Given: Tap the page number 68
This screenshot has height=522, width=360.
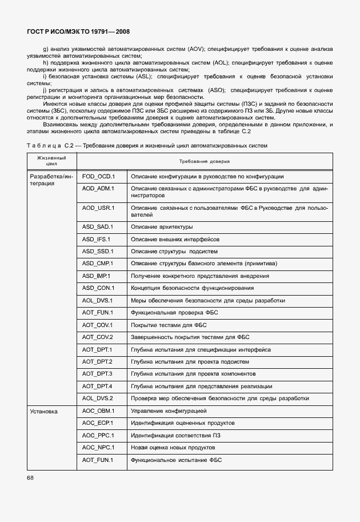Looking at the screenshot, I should (x=30, y=477).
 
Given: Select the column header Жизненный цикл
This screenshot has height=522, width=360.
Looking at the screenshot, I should (x=51, y=160).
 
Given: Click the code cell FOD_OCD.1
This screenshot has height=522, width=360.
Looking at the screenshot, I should (x=98, y=177).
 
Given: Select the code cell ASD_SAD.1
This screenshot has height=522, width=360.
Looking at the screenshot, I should (x=98, y=227).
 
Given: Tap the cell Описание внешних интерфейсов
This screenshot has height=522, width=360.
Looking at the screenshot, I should (x=175, y=239).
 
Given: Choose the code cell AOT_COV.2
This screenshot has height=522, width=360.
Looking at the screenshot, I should (x=98, y=337).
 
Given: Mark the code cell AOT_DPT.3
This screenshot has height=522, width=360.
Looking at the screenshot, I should (x=97, y=374).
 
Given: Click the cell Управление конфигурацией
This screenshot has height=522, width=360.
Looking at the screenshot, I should (x=169, y=411).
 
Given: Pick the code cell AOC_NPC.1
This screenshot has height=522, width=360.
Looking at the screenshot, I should (x=98, y=448).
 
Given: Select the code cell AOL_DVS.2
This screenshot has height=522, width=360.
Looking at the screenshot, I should (x=98, y=399).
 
